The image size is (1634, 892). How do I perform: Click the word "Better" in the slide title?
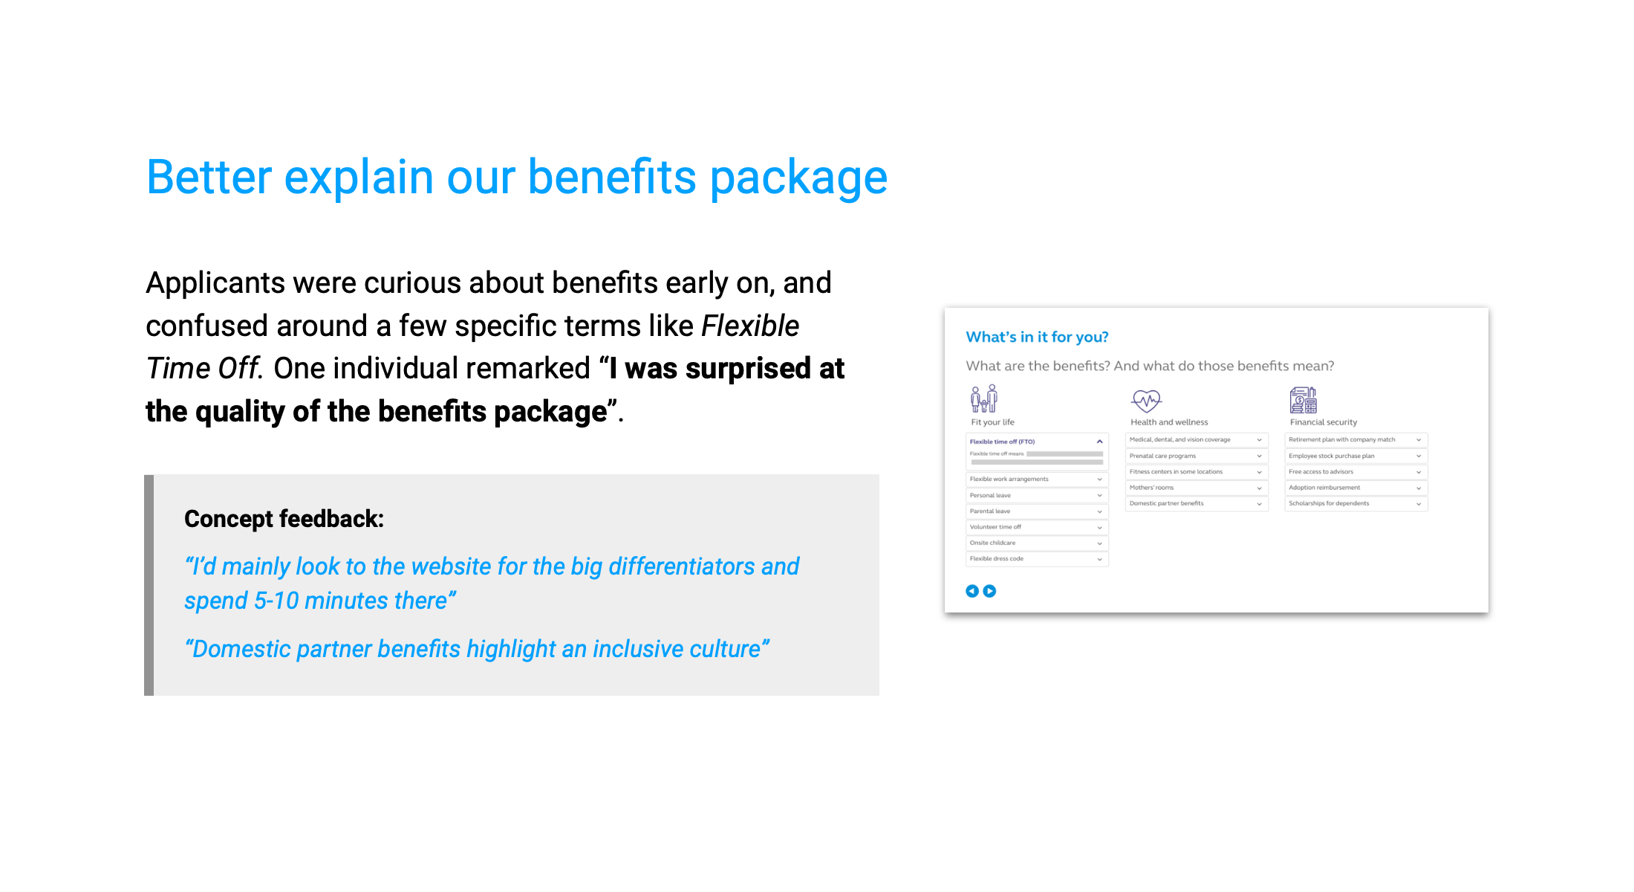click(209, 178)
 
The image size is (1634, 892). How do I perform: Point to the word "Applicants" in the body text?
click(215, 283)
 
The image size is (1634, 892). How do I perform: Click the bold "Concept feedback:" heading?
click(284, 519)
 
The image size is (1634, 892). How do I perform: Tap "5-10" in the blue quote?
click(276, 601)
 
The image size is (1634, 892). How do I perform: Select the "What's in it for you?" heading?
click(1037, 337)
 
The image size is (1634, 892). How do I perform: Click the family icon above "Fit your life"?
click(984, 399)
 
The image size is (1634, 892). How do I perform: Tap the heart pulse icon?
click(1146, 401)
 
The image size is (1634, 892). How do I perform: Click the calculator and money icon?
click(1303, 400)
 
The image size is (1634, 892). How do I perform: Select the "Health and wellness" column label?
click(1169, 422)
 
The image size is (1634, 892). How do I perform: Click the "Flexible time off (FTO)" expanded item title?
click(1002, 442)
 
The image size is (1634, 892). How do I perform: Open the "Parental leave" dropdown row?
click(1036, 511)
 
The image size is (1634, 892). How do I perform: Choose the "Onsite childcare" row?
click(1036, 543)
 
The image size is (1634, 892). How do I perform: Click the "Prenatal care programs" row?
click(1195, 456)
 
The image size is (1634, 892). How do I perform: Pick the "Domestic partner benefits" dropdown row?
click(1195, 504)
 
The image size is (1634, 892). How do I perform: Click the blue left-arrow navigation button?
click(971, 591)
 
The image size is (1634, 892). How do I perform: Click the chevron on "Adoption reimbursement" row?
click(1419, 488)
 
